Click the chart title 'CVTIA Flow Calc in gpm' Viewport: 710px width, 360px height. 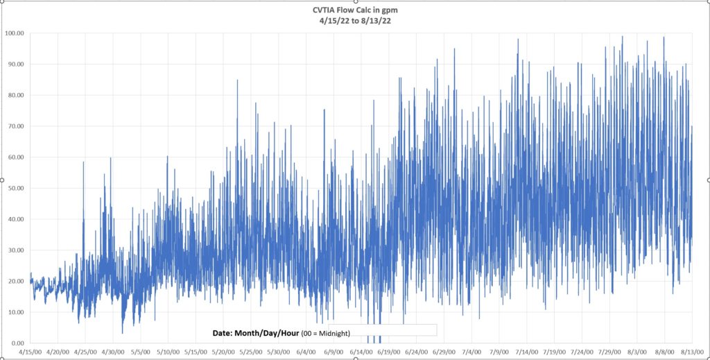coord(355,10)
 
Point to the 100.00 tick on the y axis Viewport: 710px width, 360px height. coord(14,33)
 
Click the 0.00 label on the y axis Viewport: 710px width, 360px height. coord(17,343)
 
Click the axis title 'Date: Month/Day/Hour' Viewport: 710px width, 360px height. coord(256,333)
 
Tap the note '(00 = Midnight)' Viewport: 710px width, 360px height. coord(326,334)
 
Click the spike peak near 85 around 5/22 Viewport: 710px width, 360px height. coord(237,80)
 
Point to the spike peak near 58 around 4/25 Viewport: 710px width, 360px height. coord(83,162)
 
